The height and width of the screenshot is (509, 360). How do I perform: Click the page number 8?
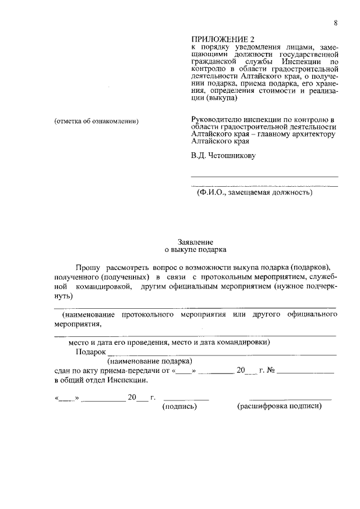point(335,22)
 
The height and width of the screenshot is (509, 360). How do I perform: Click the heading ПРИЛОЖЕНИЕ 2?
point(223,39)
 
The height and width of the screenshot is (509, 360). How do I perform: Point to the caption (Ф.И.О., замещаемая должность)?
point(254,192)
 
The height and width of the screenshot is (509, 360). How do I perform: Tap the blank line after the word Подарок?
point(222,353)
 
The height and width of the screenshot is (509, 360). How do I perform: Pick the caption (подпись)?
point(179,406)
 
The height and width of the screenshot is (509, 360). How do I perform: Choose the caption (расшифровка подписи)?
point(280,406)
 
